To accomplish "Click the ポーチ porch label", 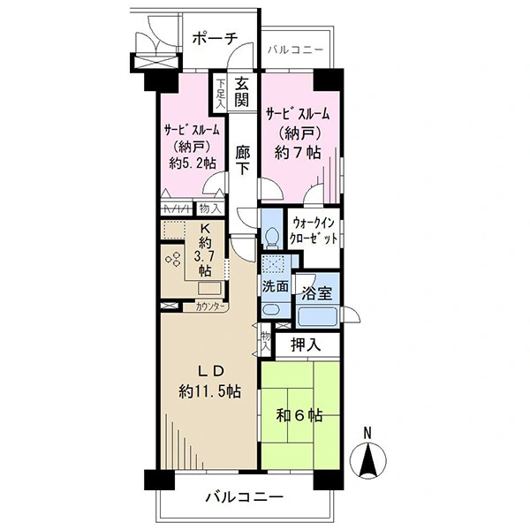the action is tap(215, 39).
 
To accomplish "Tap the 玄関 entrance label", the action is tap(242, 92).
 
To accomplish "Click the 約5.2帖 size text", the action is tap(193, 163).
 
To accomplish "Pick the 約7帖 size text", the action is tap(298, 153).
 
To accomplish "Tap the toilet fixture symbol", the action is tap(272, 237).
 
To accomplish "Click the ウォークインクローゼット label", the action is tap(314, 231).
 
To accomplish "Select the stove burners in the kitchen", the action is tap(172, 259).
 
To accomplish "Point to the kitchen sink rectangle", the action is tap(208, 288).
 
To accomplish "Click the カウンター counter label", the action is tap(210, 307).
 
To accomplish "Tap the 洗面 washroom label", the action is tap(276, 287).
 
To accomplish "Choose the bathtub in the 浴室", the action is tap(317, 316).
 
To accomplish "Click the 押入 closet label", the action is tap(306, 344).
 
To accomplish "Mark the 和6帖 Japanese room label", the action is tap(299, 415).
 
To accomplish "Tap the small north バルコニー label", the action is tap(295, 50).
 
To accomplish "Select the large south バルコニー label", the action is tap(245, 496).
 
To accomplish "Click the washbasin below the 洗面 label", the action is tap(272, 310).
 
